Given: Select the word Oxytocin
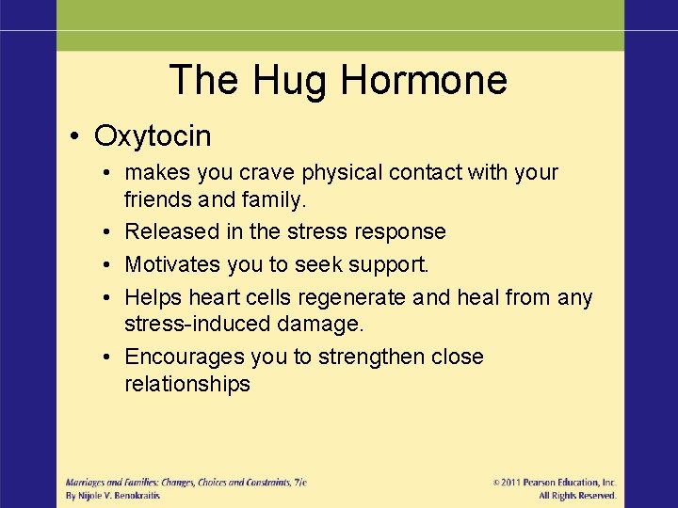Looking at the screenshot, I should (x=153, y=136).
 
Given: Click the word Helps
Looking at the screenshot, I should (x=153, y=297).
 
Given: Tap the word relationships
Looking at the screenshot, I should (x=187, y=384).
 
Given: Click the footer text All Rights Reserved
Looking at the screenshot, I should (x=577, y=496).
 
